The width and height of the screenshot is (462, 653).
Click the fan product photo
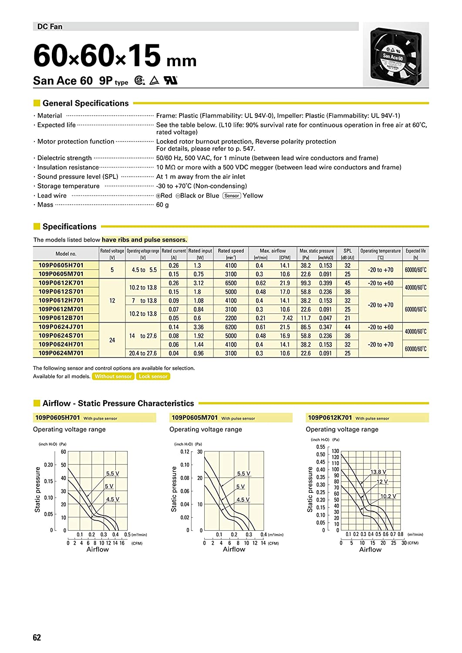coord(395,54)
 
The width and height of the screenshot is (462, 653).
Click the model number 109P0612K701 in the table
coord(61,283)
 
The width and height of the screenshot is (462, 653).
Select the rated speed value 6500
coord(231,283)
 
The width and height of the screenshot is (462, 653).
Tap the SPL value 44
coord(347,327)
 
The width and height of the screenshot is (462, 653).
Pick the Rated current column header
coord(174,254)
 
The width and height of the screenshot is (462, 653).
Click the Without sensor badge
coord(113,377)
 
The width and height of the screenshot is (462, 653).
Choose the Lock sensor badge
coord(153,377)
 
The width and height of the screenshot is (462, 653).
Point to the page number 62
coord(37,637)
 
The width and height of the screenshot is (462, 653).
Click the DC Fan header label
coord(50,27)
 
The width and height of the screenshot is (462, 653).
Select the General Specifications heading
coord(85,103)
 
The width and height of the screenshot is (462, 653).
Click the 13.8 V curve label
coord(378,472)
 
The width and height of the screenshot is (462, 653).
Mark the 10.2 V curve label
coord(388,496)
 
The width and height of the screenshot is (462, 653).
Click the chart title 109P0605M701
coord(195,417)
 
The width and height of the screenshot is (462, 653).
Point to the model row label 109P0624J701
coord(61,327)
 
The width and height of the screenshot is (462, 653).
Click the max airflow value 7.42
coord(287,318)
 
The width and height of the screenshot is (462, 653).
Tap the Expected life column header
coord(415,254)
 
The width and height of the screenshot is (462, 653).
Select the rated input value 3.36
coord(199,327)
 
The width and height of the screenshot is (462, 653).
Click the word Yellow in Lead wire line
coord(253,195)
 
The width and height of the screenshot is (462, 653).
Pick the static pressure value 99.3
coord(306,283)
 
